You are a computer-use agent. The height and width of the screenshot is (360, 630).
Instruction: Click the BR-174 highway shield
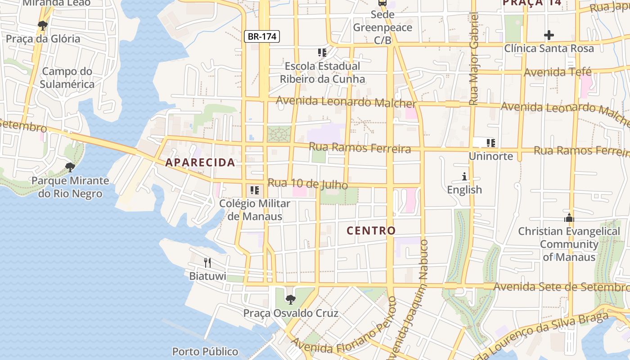click(262, 37)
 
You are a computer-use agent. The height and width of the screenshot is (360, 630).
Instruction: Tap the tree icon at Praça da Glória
click(43, 26)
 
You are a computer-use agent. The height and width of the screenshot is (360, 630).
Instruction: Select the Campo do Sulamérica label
click(67, 78)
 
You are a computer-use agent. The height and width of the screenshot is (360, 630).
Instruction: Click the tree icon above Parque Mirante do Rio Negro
click(70, 167)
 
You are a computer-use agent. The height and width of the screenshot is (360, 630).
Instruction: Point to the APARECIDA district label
click(200, 162)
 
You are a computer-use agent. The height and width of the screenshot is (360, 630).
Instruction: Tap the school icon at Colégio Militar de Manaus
click(255, 190)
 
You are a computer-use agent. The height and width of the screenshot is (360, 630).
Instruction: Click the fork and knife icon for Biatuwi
click(207, 262)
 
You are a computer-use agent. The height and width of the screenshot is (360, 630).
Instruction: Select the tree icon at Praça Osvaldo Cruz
click(291, 299)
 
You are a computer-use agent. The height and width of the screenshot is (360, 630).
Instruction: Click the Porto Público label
click(205, 351)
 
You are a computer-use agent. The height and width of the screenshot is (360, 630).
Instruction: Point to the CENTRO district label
click(371, 231)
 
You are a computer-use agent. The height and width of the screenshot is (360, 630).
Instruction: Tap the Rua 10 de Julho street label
click(308, 184)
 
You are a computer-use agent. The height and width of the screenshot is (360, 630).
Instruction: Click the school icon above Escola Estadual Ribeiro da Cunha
click(322, 53)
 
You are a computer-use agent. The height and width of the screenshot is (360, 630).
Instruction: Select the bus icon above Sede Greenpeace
click(382, 3)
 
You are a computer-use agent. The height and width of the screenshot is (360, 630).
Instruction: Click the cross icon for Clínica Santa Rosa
click(549, 35)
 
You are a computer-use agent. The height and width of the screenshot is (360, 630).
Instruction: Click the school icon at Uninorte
click(490, 143)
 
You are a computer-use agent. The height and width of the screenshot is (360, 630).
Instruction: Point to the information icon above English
click(464, 176)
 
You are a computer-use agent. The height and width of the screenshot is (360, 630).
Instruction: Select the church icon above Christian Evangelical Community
click(569, 218)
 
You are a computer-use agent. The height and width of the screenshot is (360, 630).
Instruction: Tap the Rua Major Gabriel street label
click(473, 58)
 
